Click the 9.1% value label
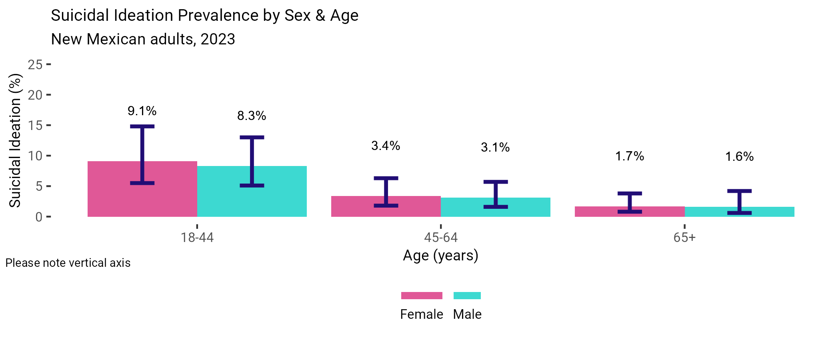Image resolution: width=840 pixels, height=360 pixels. point(142,111)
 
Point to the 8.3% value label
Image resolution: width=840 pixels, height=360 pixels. point(252,116)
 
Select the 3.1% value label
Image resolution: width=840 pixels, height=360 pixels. point(495,147)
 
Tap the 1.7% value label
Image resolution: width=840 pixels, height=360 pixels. point(630,156)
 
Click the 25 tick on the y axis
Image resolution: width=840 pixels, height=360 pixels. point(35,64)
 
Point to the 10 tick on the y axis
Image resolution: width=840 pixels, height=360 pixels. point(35,156)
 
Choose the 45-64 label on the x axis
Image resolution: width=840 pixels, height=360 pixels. point(441,238)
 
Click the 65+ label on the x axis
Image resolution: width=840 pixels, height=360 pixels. point(684,238)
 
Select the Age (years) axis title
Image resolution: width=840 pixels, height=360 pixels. point(441,255)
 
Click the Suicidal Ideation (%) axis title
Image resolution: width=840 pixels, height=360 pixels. point(15,140)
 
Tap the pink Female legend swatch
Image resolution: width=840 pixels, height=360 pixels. point(422,296)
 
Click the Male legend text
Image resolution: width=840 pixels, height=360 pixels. point(467,314)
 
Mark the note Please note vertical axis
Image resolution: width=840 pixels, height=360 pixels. point(68,263)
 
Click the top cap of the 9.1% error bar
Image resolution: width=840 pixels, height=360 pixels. point(142,126)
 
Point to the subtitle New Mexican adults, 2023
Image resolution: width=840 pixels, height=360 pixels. point(143,39)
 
